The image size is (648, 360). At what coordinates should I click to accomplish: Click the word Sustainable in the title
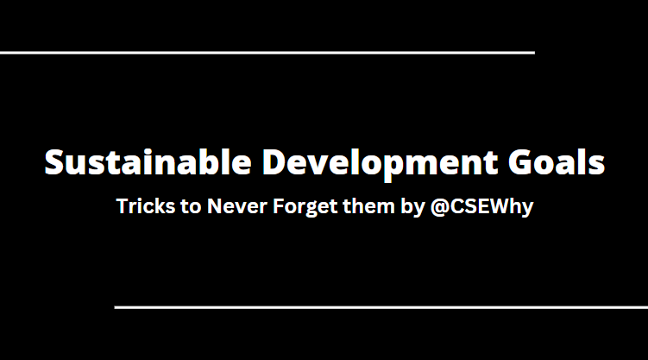[x=148, y=162]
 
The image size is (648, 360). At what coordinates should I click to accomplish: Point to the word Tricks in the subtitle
[x=142, y=207]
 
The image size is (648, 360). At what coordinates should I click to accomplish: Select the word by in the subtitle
[x=411, y=207]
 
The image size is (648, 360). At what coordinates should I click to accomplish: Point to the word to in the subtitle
[x=187, y=207]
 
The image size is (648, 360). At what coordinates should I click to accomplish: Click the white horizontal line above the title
[x=267, y=53]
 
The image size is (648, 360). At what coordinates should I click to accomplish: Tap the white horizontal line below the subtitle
[x=381, y=306]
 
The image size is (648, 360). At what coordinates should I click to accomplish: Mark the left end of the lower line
[x=116, y=306]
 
